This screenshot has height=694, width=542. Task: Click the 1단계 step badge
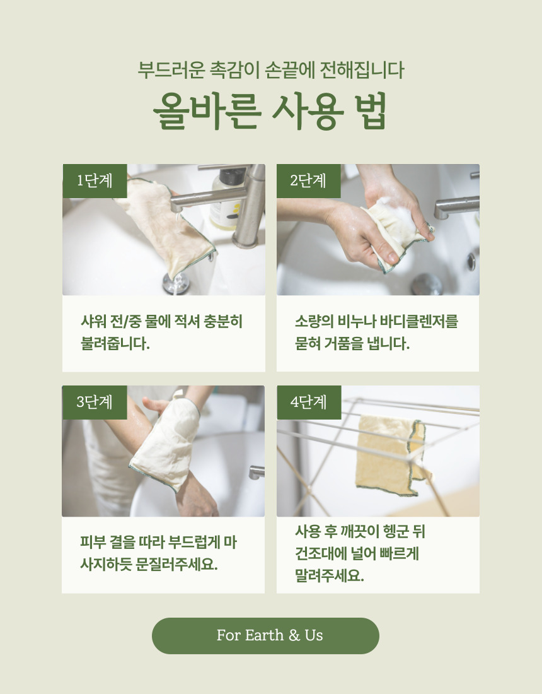(95, 181)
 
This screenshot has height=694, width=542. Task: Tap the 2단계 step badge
(309, 181)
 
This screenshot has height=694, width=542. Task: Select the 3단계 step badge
(95, 403)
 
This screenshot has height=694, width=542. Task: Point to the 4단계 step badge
(309, 403)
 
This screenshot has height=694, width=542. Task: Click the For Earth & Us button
(265, 635)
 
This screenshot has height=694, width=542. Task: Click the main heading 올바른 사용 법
(270, 111)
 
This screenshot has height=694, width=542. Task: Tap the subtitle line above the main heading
(271, 71)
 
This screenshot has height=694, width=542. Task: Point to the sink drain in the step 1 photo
(176, 283)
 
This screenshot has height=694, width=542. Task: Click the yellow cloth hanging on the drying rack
(391, 456)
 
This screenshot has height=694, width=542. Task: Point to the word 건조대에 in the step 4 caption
(320, 553)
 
